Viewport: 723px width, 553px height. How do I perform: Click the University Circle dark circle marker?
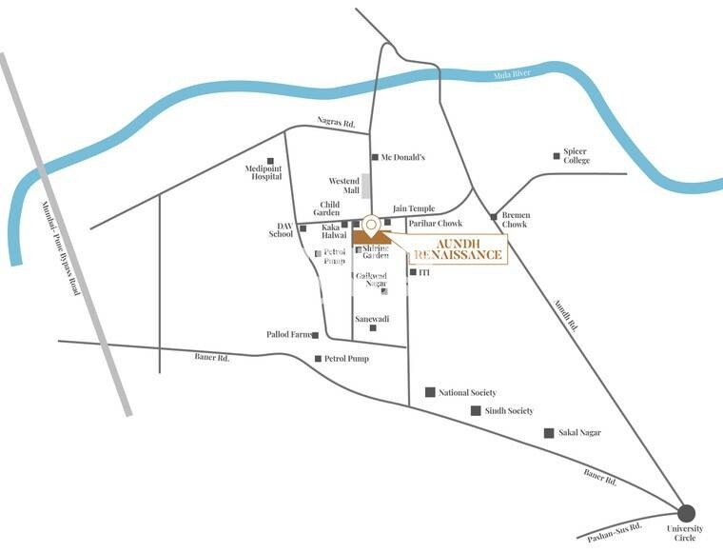(x=687, y=513)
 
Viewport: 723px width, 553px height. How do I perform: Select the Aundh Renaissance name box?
(x=458, y=248)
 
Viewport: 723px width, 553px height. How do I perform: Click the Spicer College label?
(x=576, y=156)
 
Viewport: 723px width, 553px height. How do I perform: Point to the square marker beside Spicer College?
(x=557, y=155)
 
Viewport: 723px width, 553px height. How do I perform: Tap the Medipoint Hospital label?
(x=262, y=170)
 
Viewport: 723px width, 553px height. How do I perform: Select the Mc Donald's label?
(x=402, y=157)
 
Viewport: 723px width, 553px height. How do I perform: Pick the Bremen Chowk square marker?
(x=494, y=217)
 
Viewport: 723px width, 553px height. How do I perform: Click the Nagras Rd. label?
(x=336, y=123)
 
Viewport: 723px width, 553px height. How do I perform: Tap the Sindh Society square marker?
(x=476, y=410)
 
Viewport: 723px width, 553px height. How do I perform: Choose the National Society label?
(x=467, y=392)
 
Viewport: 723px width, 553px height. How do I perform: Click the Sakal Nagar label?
(x=579, y=433)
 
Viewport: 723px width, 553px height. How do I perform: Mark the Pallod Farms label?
(x=287, y=335)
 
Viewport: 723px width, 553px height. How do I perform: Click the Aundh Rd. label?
(x=566, y=310)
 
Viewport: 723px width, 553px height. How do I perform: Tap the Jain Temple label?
(x=414, y=208)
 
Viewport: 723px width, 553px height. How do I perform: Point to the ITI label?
(x=424, y=272)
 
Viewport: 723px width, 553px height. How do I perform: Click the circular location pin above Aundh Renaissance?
(x=370, y=225)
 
